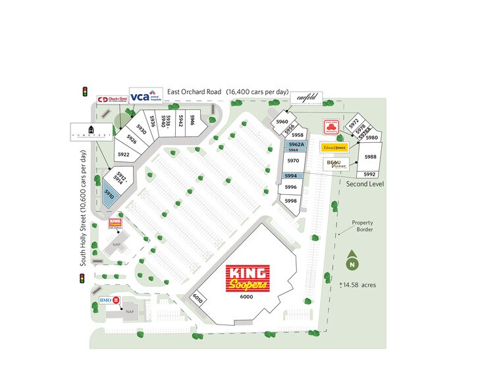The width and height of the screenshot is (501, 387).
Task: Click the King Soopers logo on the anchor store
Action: pos(248,278)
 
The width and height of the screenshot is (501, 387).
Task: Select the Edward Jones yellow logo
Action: pos(334,147)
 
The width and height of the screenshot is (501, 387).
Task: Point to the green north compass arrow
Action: pos(352,262)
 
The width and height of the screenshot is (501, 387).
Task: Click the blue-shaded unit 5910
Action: pos(109,194)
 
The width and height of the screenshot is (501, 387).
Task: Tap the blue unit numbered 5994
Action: pos(291,176)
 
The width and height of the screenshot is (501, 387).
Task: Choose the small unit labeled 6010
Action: pos(198,298)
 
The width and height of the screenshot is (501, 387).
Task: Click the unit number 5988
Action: pos(370,157)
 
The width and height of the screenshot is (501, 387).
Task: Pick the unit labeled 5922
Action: pos(124,154)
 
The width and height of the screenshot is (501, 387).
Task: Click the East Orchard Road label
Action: pos(194,91)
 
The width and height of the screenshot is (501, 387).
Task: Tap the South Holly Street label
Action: pos(84,208)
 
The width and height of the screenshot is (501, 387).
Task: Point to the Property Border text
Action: pos(362,226)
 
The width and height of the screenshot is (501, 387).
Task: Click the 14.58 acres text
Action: pos(358,286)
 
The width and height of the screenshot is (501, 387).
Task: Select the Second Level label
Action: pos(365,184)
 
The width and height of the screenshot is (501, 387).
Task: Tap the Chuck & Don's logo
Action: pos(112,100)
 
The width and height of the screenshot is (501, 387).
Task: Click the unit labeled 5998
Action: pos(291,201)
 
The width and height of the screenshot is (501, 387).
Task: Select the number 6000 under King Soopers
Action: pos(246,297)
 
